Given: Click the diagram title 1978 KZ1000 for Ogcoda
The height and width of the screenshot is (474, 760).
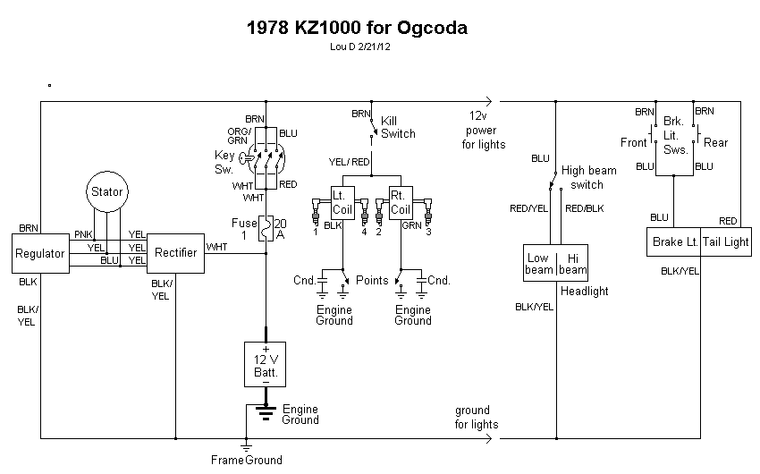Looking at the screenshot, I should coord(356,28).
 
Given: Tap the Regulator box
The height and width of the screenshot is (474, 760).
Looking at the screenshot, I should coord(40,253).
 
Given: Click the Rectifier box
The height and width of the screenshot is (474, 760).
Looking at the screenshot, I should coord(174,253).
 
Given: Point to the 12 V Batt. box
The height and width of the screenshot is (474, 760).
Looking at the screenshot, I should coord(266,364).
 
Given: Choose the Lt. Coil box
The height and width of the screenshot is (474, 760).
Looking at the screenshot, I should coord(342,201).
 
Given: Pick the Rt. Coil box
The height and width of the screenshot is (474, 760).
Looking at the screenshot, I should coord(401,201).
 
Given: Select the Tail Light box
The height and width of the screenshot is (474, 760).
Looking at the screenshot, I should coord(727,242).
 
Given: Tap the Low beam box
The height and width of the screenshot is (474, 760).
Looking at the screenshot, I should coord(539,263).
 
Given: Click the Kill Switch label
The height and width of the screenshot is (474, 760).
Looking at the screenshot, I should coord(398,127).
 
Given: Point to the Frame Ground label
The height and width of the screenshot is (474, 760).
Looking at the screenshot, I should coord(246,461).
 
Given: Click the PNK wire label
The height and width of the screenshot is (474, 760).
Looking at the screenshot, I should coord(83,235).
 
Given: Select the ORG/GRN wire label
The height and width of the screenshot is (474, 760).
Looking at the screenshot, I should coord(238,135).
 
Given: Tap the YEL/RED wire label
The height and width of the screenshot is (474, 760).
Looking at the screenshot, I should coord(349,162).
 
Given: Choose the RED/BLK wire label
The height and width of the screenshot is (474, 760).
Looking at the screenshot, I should coord(584,207).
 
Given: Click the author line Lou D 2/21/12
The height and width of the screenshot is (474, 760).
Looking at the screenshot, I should coord(359,47).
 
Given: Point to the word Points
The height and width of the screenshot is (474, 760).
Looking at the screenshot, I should coord(372,280).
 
